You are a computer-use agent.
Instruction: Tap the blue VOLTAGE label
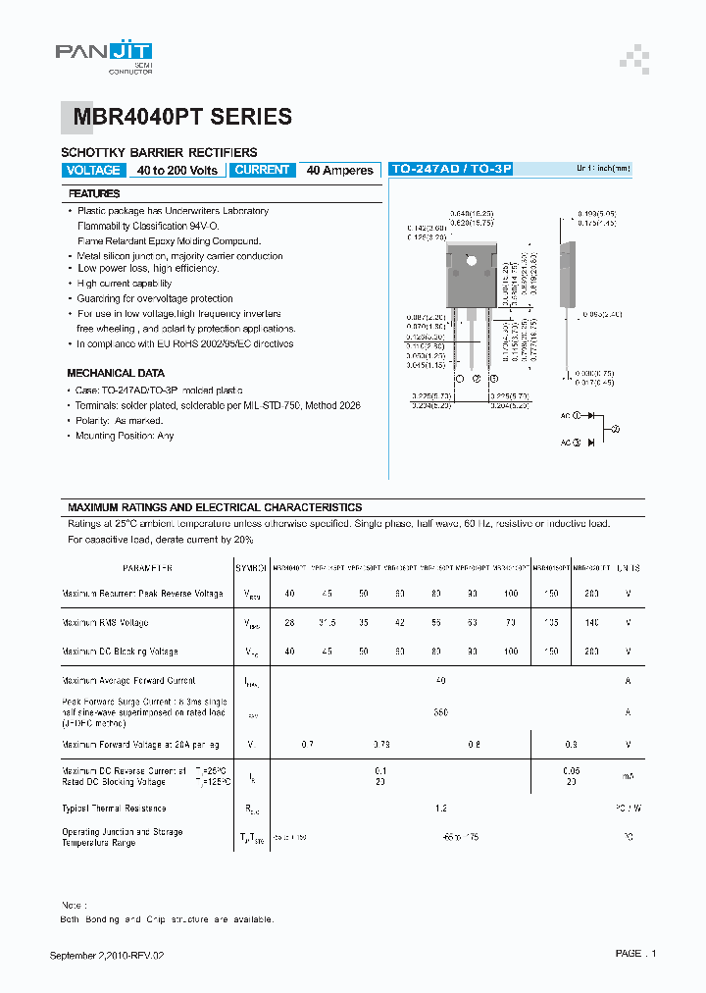pyautogui.click(x=93, y=171)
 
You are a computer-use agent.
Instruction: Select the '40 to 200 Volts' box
pyautogui.click(x=177, y=171)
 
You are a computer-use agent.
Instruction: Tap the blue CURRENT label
pyautogui.click(x=263, y=170)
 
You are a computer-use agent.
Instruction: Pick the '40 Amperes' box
pyautogui.click(x=339, y=171)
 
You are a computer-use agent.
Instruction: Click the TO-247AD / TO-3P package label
pyautogui.click(x=452, y=169)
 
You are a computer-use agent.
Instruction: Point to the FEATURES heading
pyautogui.click(x=95, y=194)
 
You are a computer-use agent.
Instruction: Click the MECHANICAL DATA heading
pyautogui.click(x=116, y=374)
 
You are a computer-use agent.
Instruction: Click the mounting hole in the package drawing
pyautogui.click(x=471, y=260)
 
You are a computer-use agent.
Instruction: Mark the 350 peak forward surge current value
pyautogui.click(x=441, y=712)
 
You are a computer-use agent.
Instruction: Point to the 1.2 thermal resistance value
pyautogui.click(x=441, y=809)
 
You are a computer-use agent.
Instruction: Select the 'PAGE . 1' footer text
pyautogui.click(x=636, y=954)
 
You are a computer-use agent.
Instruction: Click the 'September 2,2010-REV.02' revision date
pyautogui.click(x=114, y=956)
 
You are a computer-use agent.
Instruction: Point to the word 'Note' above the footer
pyautogui.click(x=73, y=906)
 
